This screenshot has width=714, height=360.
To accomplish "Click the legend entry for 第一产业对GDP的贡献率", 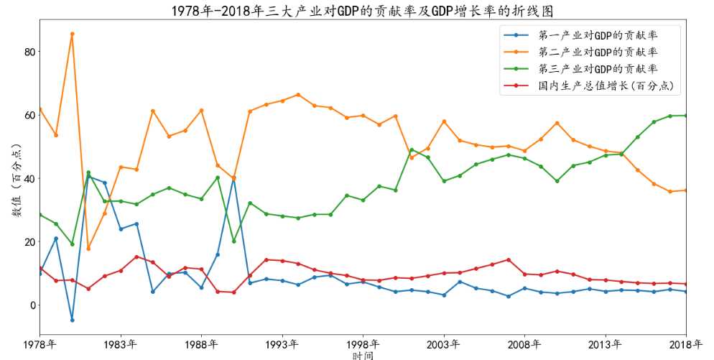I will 598,34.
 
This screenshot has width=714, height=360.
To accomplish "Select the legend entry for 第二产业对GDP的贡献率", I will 598,52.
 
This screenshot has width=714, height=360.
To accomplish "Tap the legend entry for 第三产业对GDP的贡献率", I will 598,69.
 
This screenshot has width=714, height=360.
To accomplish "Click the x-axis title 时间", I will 363,354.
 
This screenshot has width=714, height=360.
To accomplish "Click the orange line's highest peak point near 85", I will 72,34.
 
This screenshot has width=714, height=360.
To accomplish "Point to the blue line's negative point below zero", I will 72,320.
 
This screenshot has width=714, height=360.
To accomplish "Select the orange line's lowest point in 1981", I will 88,249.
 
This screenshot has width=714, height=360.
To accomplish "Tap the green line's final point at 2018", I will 685,115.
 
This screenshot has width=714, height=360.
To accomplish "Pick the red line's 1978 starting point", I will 40,268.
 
